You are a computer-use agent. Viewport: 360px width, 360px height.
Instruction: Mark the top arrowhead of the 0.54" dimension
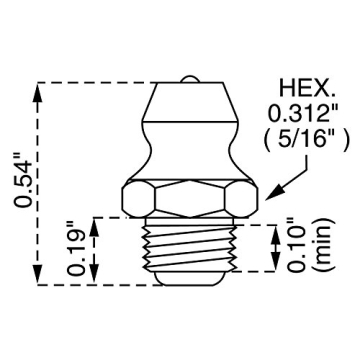37,89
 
